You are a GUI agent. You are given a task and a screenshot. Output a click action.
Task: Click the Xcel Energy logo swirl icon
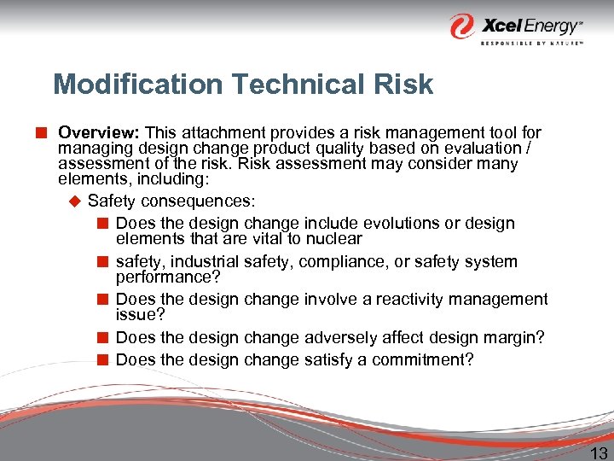click(463, 26)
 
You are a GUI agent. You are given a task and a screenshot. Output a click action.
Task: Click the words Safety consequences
click(171, 201)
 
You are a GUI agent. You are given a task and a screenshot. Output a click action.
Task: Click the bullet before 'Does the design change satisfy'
click(102, 359)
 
